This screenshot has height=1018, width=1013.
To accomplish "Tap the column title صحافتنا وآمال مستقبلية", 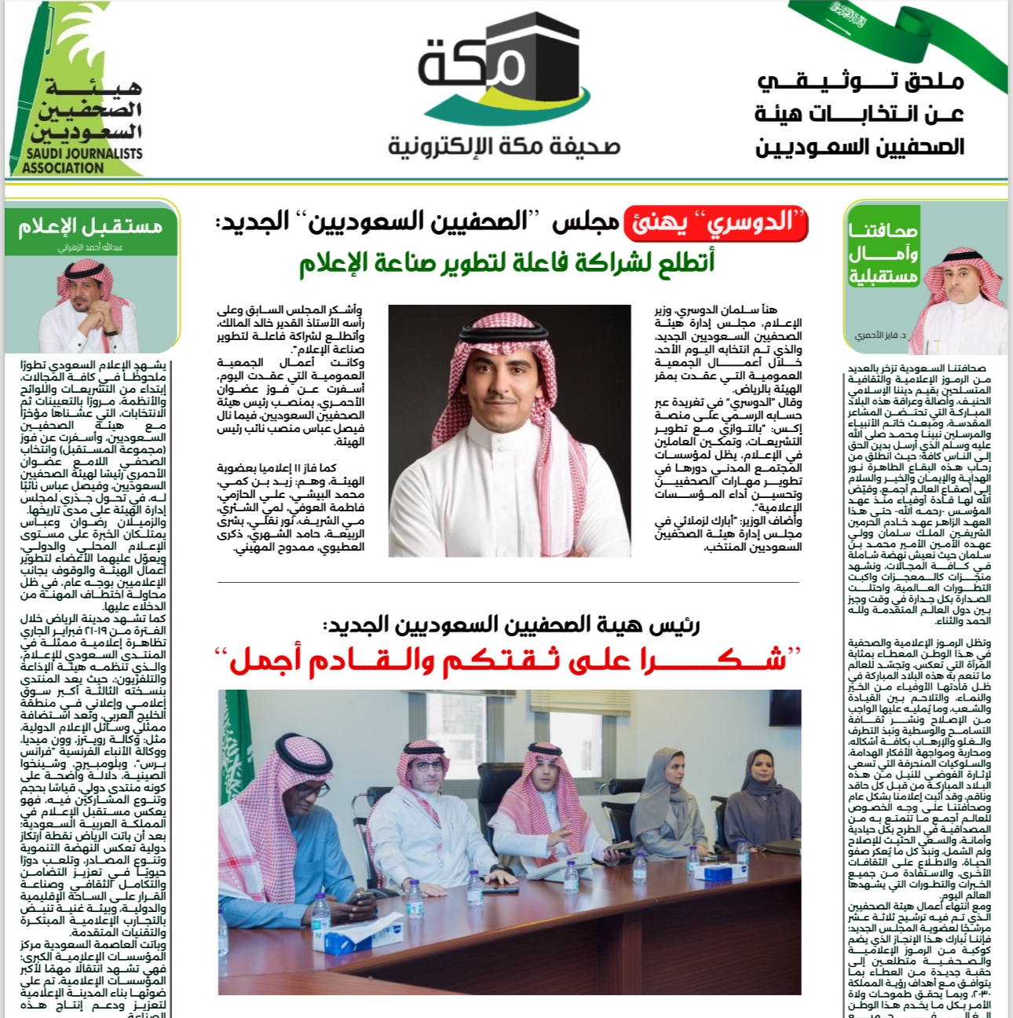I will (883, 253).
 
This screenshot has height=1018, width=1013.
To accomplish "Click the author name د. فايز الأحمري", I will (880, 335).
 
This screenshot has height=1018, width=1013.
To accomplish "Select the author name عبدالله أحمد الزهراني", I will (90, 247).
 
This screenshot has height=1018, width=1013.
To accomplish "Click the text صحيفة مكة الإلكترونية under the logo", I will (504, 147).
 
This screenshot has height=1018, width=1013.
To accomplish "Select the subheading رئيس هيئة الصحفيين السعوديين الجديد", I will (510, 625).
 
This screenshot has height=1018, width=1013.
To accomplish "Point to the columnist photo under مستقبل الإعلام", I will (89, 306).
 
